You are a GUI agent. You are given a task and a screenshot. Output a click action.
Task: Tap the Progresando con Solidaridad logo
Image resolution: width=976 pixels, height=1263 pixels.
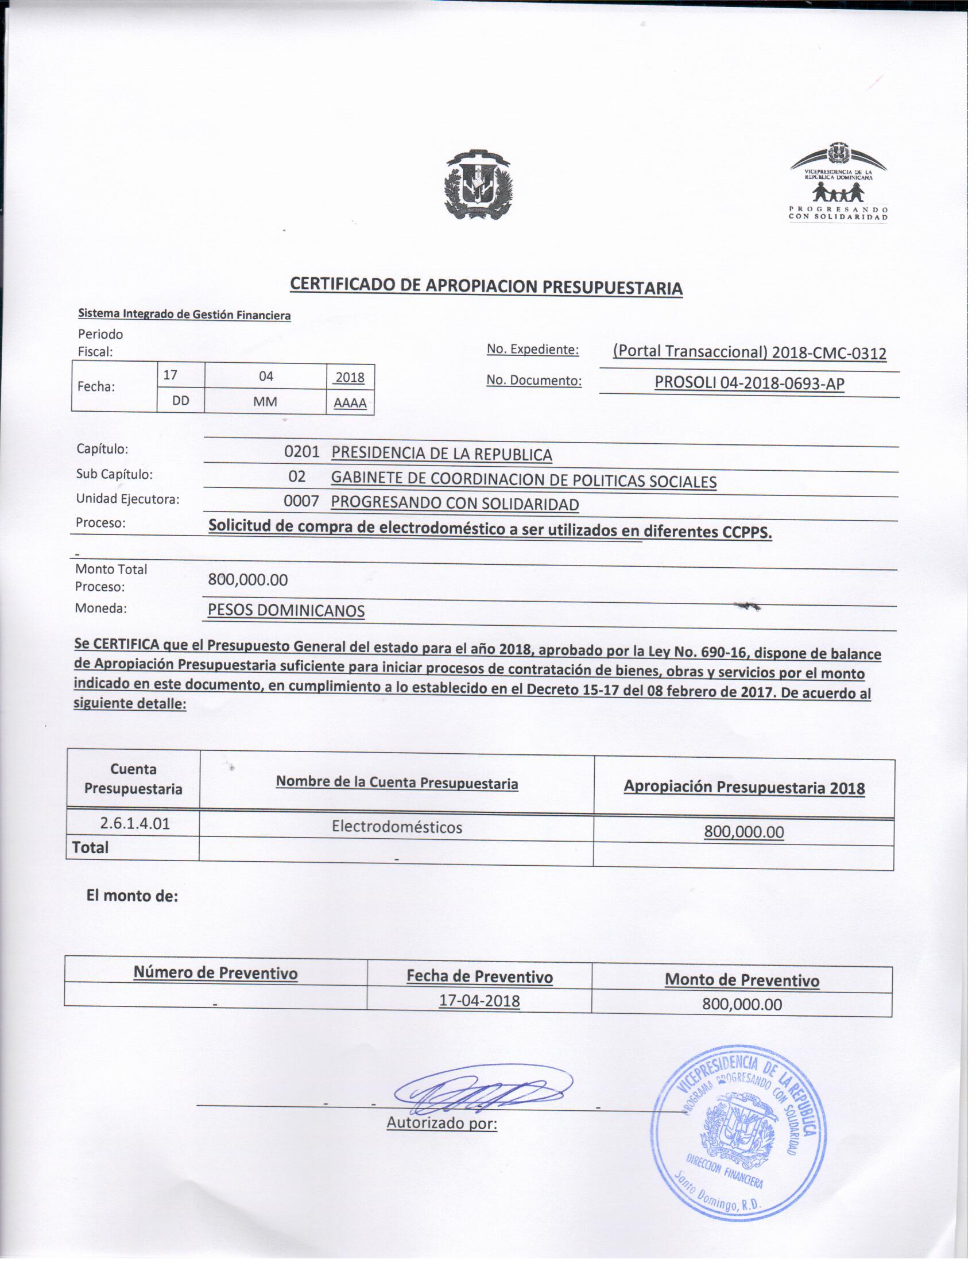tap(838, 182)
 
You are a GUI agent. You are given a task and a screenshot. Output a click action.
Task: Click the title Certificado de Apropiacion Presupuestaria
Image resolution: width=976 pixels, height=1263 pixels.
tap(486, 286)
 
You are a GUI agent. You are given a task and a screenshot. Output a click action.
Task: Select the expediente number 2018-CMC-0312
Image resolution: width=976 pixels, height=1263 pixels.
tap(749, 352)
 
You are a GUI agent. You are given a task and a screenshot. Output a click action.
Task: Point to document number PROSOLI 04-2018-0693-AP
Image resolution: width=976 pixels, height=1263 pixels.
tap(749, 383)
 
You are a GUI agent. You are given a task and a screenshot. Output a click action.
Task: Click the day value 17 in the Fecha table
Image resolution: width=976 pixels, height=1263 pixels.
tap(170, 375)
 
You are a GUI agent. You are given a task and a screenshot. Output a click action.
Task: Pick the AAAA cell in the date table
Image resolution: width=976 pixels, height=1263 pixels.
tap(350, 402)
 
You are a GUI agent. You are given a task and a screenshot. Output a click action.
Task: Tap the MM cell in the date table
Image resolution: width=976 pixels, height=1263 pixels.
tap(265, 402)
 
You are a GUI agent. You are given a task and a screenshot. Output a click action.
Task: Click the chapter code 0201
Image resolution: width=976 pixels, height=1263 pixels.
tap(301, 452)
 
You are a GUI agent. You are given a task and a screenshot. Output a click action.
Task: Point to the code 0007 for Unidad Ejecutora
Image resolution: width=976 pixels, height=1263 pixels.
tap(301, 501)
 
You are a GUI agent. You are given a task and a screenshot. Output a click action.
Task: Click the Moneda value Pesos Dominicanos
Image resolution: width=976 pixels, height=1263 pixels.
tap(286, 610)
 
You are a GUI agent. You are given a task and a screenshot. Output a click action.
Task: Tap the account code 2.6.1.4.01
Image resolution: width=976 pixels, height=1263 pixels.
tap(135, 823)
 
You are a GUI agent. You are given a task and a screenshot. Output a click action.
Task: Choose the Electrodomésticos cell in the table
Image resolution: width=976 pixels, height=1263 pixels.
tap(397, 827)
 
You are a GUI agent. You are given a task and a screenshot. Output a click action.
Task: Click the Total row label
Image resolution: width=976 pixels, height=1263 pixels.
tap(90, 848)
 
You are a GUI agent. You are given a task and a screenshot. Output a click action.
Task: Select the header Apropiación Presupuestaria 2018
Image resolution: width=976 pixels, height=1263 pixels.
tap(743, 788)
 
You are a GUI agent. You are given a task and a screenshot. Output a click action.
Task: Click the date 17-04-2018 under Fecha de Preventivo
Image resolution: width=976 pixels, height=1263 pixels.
tap(479, 1001)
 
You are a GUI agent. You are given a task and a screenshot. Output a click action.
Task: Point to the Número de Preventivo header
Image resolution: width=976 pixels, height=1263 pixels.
tap(215, 973)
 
